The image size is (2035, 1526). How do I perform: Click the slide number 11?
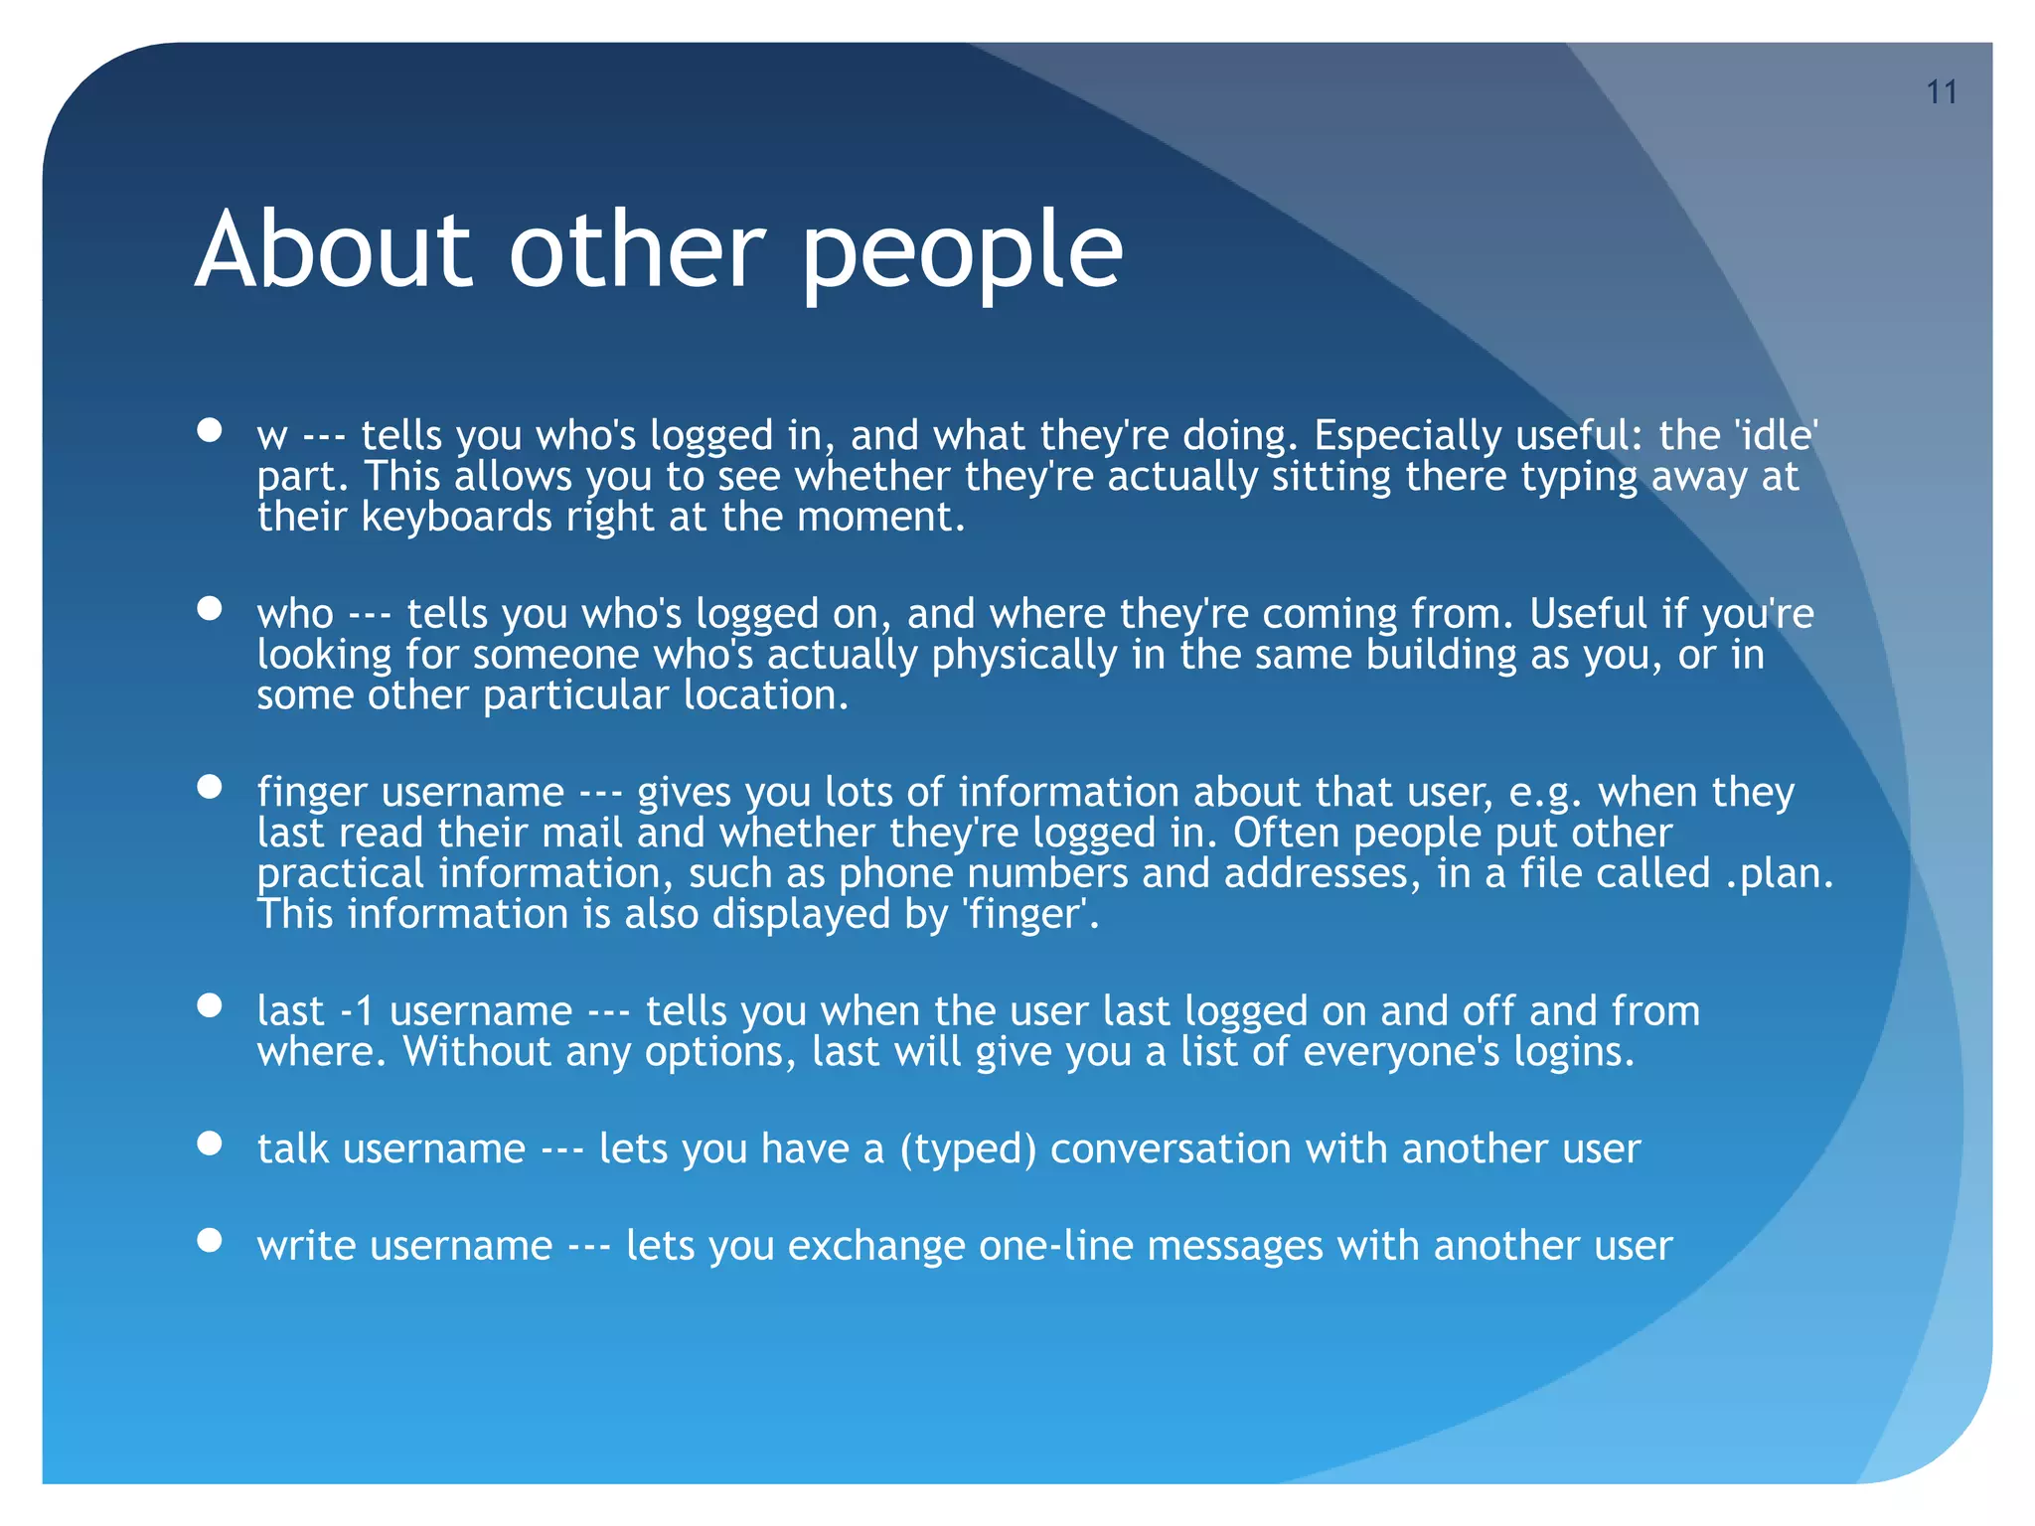(1941, 92)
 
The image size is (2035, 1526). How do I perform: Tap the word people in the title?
(961, 253)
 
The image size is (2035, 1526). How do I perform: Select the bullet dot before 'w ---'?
(209, 429)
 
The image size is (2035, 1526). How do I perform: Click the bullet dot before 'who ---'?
(209, 608)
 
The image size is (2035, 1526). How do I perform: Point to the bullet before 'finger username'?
(209, 786)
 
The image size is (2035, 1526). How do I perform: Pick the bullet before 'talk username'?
(209, 1143)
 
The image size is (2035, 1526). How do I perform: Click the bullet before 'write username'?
(209, 1239)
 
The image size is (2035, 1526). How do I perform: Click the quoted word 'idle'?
(1776, 435)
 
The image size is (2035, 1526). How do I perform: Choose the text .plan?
(1778, 873)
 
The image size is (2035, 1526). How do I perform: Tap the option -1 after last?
(357, 1011)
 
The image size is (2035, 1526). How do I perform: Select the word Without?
(476, 1051)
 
